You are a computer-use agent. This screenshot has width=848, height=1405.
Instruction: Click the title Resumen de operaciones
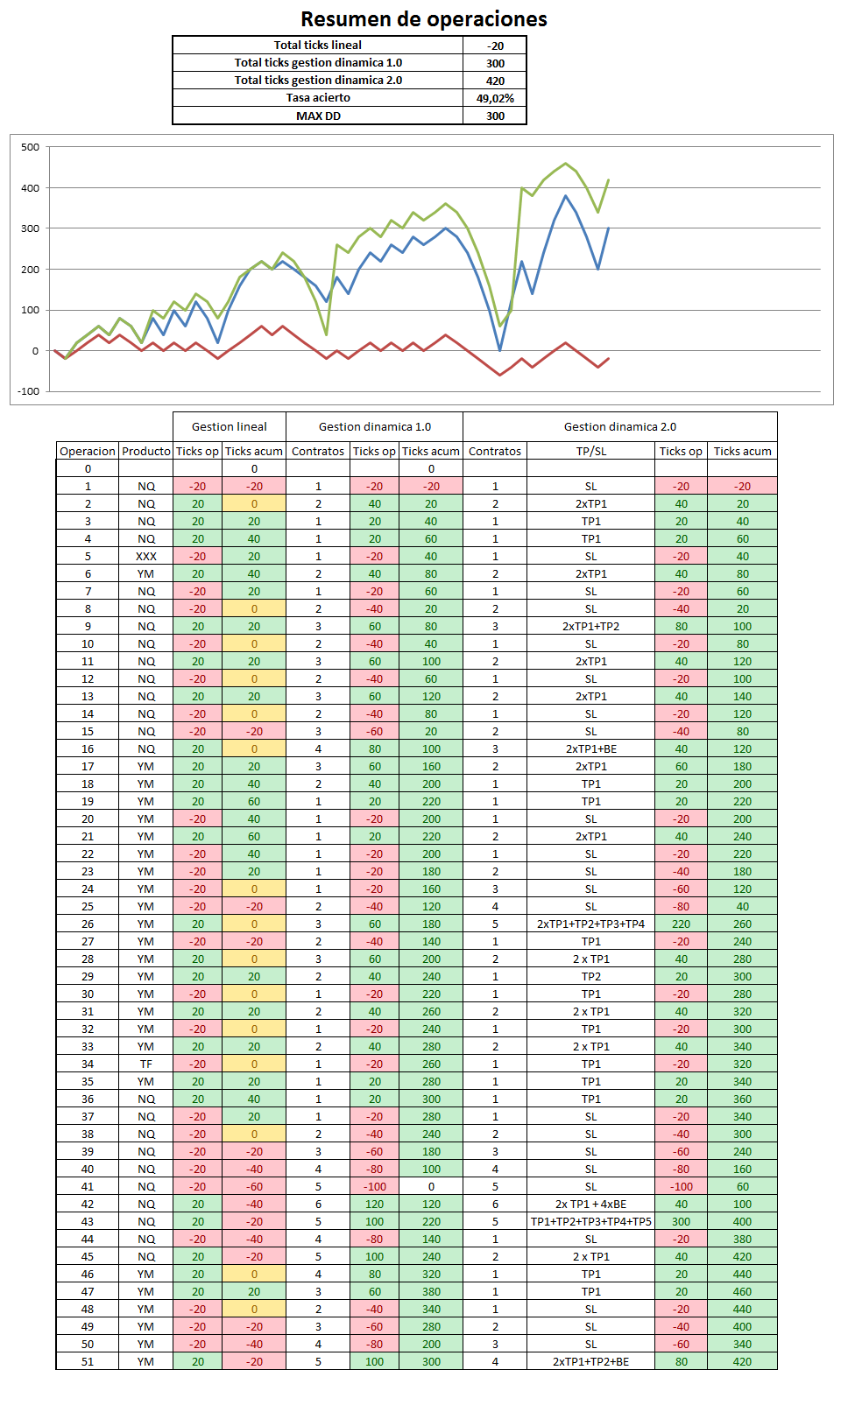(423, 19)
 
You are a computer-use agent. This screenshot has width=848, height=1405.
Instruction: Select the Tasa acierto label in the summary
(318, 98)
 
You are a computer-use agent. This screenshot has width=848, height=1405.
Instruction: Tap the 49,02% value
(495, 98)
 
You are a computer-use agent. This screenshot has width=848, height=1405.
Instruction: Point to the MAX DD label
(318, 116)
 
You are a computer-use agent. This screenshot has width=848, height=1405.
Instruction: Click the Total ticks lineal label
(318, 46)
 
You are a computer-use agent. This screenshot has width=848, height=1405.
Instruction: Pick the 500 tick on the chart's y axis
(31, 147)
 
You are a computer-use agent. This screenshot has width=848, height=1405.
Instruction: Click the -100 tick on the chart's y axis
(29, 391)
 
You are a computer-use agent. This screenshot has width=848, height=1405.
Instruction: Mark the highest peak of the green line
(566, 164)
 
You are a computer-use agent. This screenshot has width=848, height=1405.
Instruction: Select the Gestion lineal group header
(230, 426)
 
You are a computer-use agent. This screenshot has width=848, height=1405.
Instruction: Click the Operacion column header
(88, 451)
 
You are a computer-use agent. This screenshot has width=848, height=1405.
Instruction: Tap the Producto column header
(146, 451)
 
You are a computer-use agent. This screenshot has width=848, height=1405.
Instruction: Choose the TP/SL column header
(591, 451)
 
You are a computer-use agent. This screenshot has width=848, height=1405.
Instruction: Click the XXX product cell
(146, 556)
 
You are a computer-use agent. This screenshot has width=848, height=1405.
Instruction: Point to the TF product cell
(146, 1064)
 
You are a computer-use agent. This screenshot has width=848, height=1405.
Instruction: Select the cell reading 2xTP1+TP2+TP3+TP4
(591, 924)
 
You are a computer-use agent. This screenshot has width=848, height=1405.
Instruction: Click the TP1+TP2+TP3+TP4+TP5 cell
(591, 1221)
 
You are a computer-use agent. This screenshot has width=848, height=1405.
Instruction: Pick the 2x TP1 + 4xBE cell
(591, 1204)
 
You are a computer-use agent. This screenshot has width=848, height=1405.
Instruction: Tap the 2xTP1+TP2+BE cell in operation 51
(591, 1361)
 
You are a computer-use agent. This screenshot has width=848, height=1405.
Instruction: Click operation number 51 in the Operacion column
(88, 1361)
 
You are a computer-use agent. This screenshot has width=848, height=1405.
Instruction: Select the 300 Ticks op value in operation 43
(682, 1221)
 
